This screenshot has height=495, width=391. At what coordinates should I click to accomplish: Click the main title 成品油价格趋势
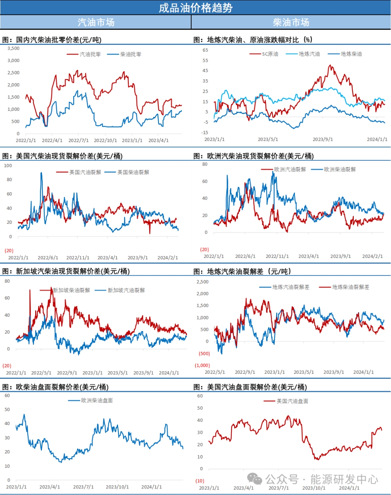[195, 8]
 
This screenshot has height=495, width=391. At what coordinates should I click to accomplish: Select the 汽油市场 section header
[96, 22]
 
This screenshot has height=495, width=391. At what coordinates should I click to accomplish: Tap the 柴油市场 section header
[291, 22]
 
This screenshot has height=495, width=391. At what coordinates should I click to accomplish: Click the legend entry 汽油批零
[90, 54]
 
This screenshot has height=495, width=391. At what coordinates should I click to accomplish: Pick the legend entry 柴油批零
[131, 54]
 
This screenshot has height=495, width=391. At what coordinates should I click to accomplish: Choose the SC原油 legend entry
[270, 54]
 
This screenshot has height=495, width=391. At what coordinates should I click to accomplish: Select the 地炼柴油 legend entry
[351, 54]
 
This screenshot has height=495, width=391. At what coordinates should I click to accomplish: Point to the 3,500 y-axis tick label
[14, 48]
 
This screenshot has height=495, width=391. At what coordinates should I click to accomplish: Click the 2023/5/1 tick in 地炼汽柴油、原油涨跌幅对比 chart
[268, 139]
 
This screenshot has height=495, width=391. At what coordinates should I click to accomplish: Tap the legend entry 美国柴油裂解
[133, 172]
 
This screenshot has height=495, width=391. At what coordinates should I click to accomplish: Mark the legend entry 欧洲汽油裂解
[290, 169]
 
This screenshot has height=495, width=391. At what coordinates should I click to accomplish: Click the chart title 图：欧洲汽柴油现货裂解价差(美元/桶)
[253, 156]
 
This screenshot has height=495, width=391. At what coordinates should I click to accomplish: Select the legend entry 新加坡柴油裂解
[71, 290]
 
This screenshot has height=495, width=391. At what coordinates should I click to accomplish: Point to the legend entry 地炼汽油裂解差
[291, 287]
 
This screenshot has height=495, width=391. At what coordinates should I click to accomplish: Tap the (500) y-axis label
[204, 353]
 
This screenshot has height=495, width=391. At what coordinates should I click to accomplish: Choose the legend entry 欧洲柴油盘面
[97, 400]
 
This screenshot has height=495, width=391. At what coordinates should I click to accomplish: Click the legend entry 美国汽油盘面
[293, 401]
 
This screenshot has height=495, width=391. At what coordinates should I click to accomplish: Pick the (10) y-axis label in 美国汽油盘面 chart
[200, 481]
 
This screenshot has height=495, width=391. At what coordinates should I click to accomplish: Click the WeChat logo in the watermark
[255, 479]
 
